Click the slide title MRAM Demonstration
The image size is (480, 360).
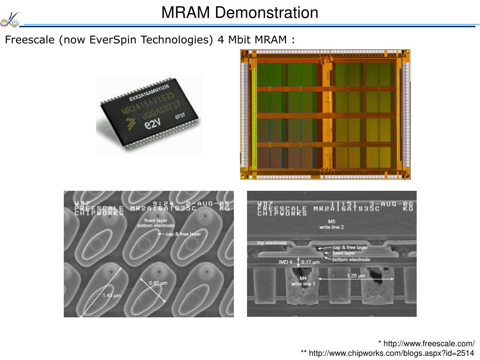coord(240,13)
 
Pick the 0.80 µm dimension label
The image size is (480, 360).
coord(158,283)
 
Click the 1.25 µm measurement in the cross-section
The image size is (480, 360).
coord(356,276)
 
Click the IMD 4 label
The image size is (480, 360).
coord(285,262)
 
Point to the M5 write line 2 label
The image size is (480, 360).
coord(331,224)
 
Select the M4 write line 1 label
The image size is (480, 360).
coord(303,281)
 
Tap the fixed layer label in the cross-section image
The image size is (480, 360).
coord(344,253)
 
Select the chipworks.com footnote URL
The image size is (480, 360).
coord(392,352)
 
